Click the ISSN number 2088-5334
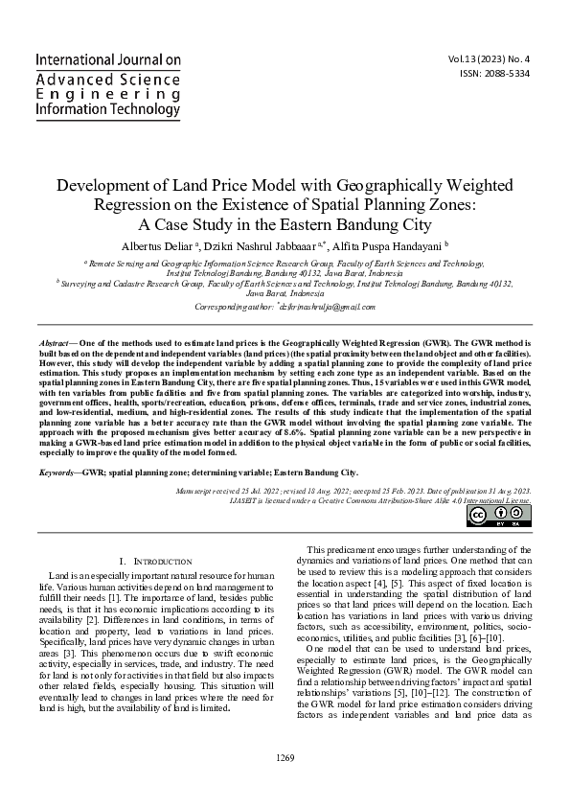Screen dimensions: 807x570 [503, 72]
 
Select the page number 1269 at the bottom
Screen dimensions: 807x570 [285, 785]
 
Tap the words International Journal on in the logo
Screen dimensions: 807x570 [107, 59]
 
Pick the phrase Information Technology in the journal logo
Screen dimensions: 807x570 [107, 110]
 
